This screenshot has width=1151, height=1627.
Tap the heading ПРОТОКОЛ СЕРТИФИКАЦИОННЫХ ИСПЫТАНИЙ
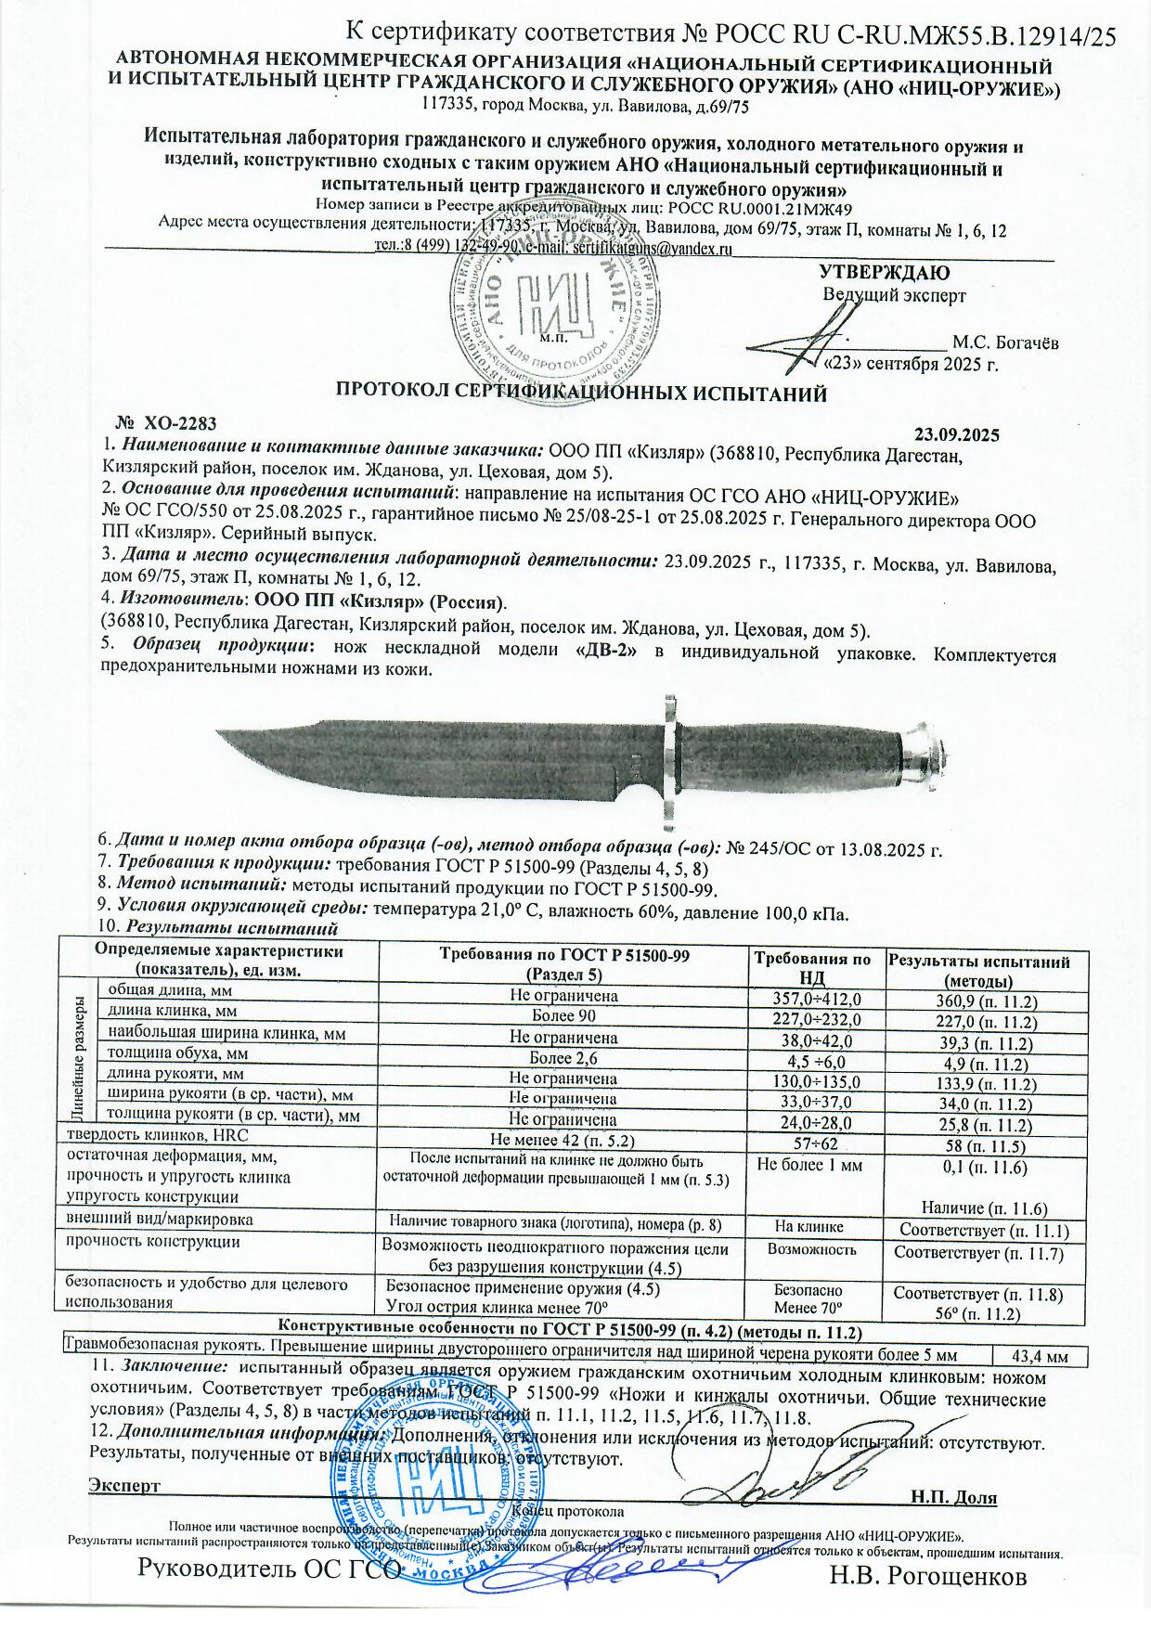[580, 394]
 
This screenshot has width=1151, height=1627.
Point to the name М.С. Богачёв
[1006, 342]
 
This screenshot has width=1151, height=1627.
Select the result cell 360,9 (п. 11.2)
[987, 1001]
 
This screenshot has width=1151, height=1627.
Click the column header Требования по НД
[812, 968]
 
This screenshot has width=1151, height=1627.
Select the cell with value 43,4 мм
[1039, 1357]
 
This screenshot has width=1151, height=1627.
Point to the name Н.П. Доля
[953, 1497]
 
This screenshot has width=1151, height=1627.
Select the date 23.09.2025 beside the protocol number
[957, 433]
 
